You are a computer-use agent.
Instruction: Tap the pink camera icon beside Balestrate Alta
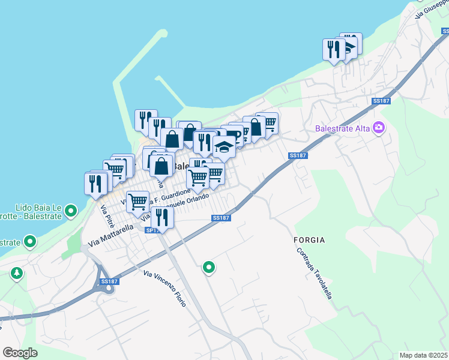click(x=379, y=127)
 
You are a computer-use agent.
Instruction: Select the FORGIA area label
click(x=309, y=240)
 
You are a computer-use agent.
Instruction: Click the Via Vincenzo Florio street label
click(x=164, y=289)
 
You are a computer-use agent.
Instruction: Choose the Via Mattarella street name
click(x=110, y=236)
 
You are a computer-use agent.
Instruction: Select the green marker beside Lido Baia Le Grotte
click(x=71, y=211)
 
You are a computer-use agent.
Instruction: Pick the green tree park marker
click(x=17, y=274)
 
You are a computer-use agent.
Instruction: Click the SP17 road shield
click(x=151, y=230)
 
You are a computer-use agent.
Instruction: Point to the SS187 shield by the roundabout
click(x=109, y=281)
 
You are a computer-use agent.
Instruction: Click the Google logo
click(x=20, y=353)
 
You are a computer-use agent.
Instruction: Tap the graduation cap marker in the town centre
click(x=224, y=146)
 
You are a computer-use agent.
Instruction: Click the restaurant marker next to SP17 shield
click(x=161, y=217)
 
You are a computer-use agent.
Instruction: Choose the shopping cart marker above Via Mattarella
click(x=138, y=201)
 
